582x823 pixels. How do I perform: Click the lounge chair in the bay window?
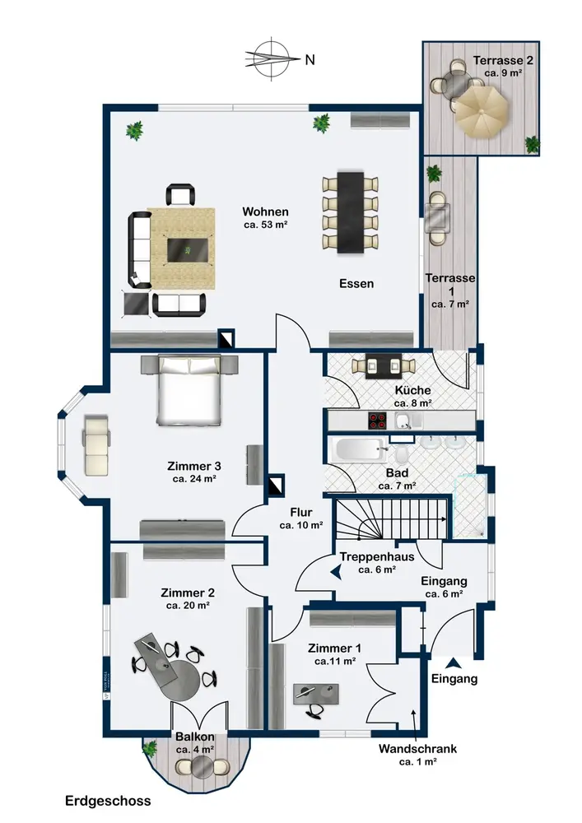[x=96, y=444]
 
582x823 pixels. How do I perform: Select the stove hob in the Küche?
[x=379, y=421]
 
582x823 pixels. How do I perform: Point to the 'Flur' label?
[x=301, y=511]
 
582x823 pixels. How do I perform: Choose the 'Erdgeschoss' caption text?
[x=108, y=800]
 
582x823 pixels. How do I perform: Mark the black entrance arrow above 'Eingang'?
[x=453, y=661]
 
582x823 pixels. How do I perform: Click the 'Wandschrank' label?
[x=417, y=750]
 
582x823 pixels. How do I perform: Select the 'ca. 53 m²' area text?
[x=265, y=224]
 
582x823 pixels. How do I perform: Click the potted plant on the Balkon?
[x=150, y=749]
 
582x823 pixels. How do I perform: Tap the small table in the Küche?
[x=381, y=366]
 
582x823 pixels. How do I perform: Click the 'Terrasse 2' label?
[x=504, y=60]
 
